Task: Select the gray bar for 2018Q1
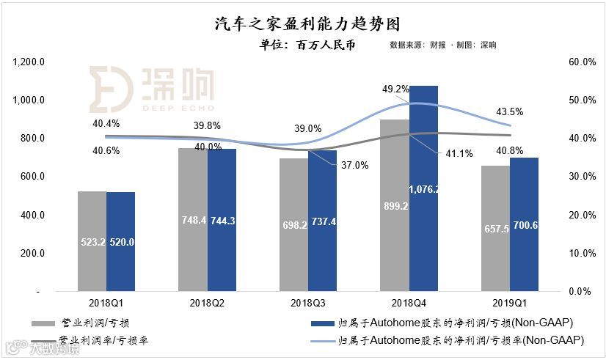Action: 92,241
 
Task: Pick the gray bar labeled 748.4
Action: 192,220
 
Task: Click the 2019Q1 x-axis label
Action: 510,302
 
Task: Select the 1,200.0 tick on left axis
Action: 29,62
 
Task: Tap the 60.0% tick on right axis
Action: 582,62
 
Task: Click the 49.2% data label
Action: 395,89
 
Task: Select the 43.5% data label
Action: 510,112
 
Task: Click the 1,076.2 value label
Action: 423,189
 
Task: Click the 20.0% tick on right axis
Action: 582,215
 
